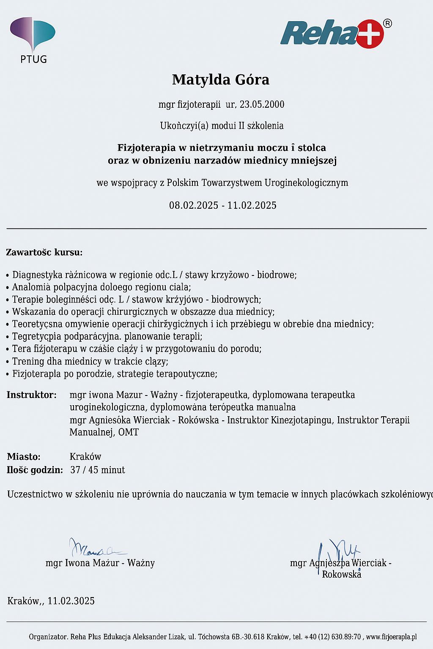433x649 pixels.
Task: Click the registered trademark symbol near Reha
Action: (387, 24)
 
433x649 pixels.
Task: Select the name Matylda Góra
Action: (220, 79)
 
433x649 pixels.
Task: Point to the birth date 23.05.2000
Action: (262, 104)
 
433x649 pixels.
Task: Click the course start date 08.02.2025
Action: (194, 205)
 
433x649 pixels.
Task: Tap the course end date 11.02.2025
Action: (252, 205)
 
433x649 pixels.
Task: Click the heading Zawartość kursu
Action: (44, 253)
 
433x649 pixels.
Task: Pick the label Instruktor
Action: (31, 395)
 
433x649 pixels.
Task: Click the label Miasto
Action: (24, 457)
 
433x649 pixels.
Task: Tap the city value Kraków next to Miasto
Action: (85, 457)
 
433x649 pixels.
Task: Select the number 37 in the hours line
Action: (75, 470)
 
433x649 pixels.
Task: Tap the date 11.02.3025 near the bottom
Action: (71, 601)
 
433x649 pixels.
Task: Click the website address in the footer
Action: (392, 637)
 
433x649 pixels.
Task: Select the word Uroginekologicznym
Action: (306, 183)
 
